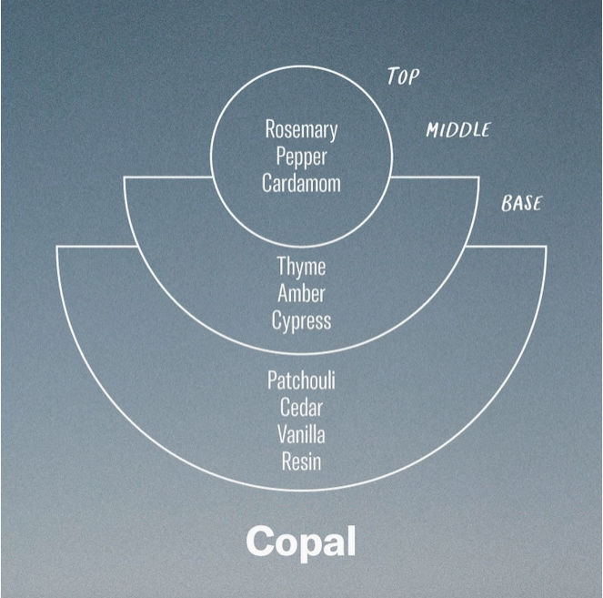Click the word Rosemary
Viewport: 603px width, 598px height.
(301, 129)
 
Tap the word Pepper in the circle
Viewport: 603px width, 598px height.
(301, 156)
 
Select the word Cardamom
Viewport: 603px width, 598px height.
(301, 182)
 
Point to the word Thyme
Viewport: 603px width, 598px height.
(301, 268)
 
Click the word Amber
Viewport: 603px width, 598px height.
(301, 294)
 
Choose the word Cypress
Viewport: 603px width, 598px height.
(301, 320)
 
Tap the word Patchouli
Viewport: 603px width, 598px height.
(301, 380)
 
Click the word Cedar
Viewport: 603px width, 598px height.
(301, 407)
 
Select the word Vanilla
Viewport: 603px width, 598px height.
(301, 433)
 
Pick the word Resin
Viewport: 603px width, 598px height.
(301, 461)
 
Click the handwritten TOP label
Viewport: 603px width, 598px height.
(403, 76)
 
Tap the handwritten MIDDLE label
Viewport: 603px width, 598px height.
(457, 130)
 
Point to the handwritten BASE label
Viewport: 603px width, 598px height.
(521, 203)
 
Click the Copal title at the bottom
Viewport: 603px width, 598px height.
(300, 542)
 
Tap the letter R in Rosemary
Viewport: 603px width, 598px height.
(270, 129)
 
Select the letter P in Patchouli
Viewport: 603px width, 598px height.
(272, 380)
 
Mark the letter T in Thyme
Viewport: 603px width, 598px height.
(281, 268)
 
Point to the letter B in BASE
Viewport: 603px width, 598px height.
(508, 204)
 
